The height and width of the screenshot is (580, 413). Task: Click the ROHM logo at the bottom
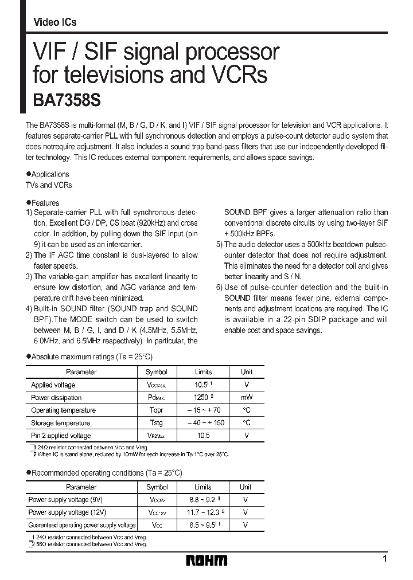pos(206,560)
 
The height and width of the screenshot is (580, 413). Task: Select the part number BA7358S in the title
pos(63,100)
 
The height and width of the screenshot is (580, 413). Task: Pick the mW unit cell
pos(247,397)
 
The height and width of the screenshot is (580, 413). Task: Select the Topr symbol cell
pos(157,410)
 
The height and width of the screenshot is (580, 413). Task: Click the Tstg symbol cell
pos(157,422)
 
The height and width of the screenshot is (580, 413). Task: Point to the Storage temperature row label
pos(60,423)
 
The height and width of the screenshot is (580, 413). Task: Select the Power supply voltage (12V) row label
pos(67,512)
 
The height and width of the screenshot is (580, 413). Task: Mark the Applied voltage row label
pos(53,385)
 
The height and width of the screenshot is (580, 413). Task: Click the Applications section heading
pos(50,174)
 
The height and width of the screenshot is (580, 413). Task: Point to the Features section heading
pos(45,203)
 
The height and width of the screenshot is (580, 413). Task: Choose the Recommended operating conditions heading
pos(106,473)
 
